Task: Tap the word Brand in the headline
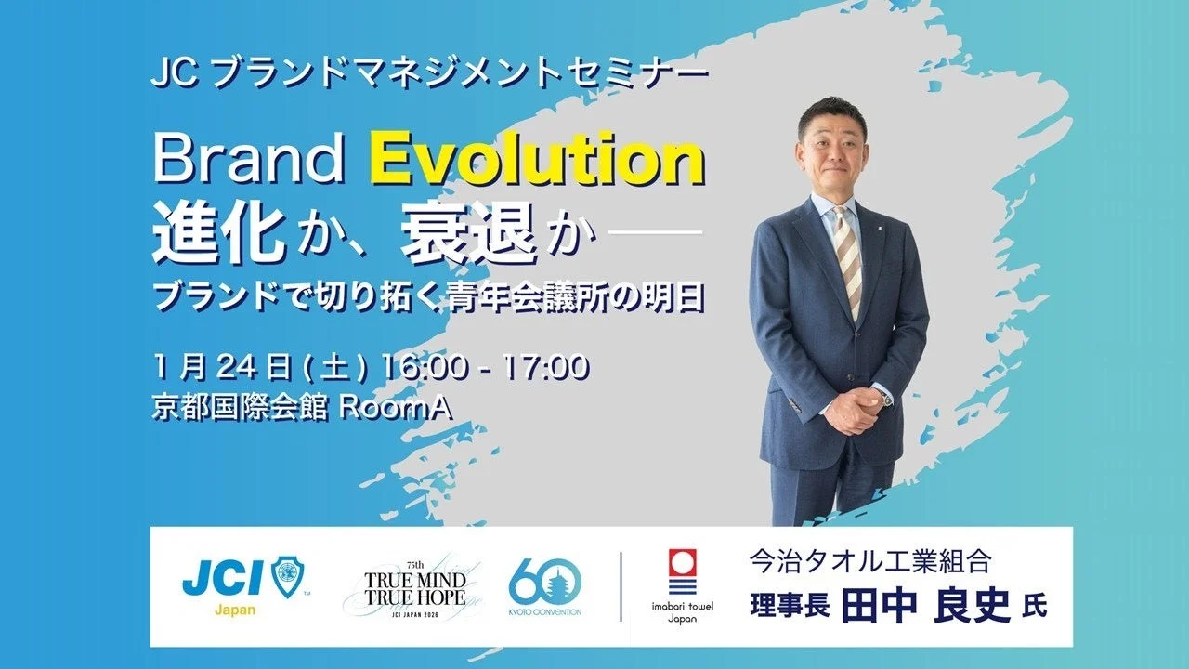click(x=248, y=161)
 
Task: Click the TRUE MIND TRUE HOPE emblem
click(x=415, y=589)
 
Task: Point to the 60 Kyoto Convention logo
click(x=544, y=587)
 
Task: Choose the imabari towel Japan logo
click(x=682, y=586)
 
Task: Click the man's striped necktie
click(x=847, y=261)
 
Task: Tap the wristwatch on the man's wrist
click(x=884, y=397)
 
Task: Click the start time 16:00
click(x=425, y=367)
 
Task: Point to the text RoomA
click(x=395, y=409)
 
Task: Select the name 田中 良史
click(x=926, y=606)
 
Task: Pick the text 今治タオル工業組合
click(x=870, y=563)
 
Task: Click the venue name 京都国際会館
click(x=240, y=409)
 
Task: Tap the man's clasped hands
click(x=850, y=409)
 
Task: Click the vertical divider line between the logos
click(x=621, y=586)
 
